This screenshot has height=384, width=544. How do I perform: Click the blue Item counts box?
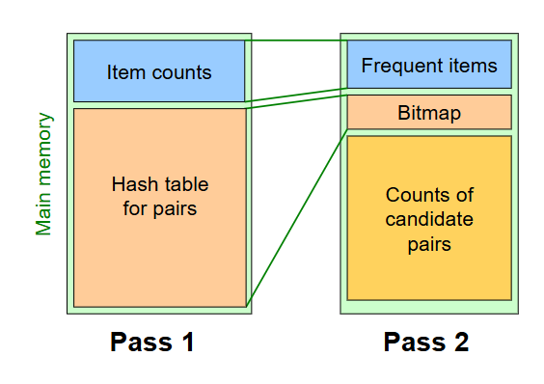tap(159, 70)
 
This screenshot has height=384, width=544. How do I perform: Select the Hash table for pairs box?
tap(159, 207)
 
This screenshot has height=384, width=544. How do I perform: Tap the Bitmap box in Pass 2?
tap(429, 113)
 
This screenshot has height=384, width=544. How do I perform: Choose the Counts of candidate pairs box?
tap(429, 218)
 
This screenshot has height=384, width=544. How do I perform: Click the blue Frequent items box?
tap(429, 66)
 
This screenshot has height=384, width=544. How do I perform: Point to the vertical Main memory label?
tap(44, 174)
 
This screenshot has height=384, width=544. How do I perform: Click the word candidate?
tap(429, 219)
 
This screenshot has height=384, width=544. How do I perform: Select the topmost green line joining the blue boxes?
tap(296, 41)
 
